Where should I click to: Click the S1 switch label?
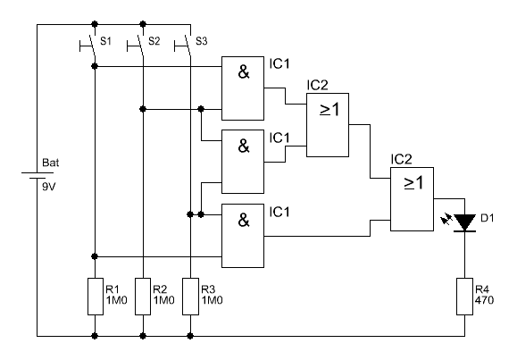106,41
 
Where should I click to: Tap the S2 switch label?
154,41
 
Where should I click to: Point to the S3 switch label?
202,41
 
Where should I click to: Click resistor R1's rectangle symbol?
96,297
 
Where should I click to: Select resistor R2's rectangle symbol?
143,297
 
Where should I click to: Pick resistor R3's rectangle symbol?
190,297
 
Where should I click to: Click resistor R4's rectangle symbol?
465,297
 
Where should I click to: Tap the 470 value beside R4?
484,300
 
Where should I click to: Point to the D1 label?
488,218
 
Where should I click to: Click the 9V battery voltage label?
49,187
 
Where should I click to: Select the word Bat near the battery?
51,163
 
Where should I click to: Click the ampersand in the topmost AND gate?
244,72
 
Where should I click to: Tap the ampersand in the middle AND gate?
244,146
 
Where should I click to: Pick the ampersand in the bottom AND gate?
244,220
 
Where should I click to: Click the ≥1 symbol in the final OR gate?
413,182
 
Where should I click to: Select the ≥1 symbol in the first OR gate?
329,109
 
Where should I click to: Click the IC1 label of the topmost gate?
279,63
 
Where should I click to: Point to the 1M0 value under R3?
212,300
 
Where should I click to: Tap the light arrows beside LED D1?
446,219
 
